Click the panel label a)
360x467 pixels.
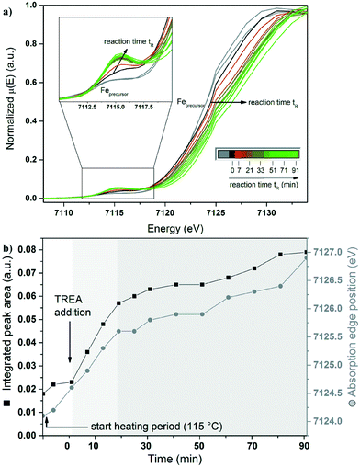click(x=8, y=7)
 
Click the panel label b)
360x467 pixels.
click(x=8, y=242)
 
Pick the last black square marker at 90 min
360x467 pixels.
click(x=307, y=252)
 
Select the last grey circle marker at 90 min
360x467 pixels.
click(x=307, y=257)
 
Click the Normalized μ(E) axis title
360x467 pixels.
click(x=10, y=101)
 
